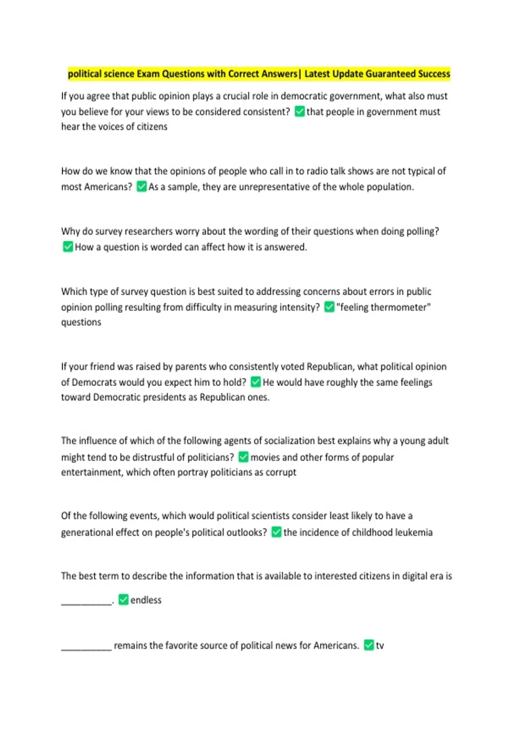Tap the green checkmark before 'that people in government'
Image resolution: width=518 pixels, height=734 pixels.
tap(300, 111)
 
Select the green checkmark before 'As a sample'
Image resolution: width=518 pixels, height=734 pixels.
tap(142, 187)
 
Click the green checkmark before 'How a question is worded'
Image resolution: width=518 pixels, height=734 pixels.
tap(68, 247)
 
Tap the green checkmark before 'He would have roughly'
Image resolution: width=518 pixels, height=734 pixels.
tap(256, 382)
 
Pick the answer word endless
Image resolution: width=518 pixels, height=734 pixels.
tap(146, 600)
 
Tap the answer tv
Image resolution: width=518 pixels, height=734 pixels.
tap(380, 645)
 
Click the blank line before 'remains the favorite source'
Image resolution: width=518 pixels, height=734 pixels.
tap(86, 648)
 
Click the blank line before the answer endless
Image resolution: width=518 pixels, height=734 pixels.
tap(86, 603)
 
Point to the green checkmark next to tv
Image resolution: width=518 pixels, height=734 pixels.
tap(369, 645)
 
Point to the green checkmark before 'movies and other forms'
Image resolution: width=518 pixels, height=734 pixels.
tap(243, 457)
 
